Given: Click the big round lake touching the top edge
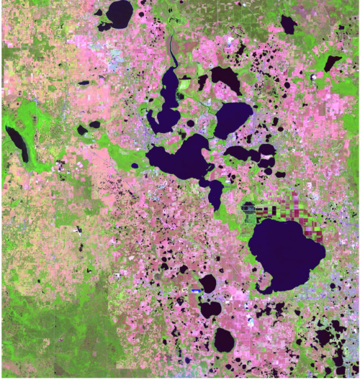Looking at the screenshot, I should tap(120, 12).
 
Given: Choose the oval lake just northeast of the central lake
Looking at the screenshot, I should tap(233, 118).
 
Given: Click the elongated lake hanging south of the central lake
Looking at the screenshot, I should tap(215, 192).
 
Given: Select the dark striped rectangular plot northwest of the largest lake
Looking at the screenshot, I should tap(250, 209).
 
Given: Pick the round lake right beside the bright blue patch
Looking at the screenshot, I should tap(208, 283).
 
